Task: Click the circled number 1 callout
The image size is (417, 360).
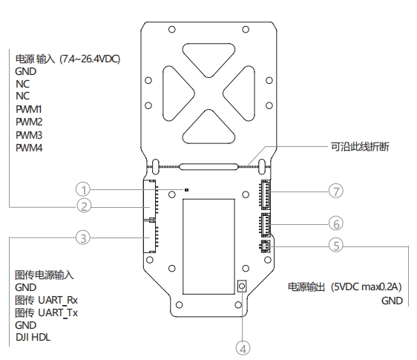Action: tap(83, 190)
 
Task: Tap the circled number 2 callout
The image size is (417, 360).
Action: tap(84, 206)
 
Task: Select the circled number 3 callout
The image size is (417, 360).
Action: tap(83, 238)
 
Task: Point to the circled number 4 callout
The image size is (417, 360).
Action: tap(243, 348)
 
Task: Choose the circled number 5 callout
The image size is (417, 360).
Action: tap(336, 246)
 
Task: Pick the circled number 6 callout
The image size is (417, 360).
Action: tap(336, 223)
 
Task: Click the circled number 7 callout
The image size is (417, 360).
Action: tap(336, 191)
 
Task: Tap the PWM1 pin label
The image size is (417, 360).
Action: tap(29, 109)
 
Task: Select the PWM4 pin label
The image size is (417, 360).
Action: tap(29, 148)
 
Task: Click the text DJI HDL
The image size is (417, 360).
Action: tap(33, 337)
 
